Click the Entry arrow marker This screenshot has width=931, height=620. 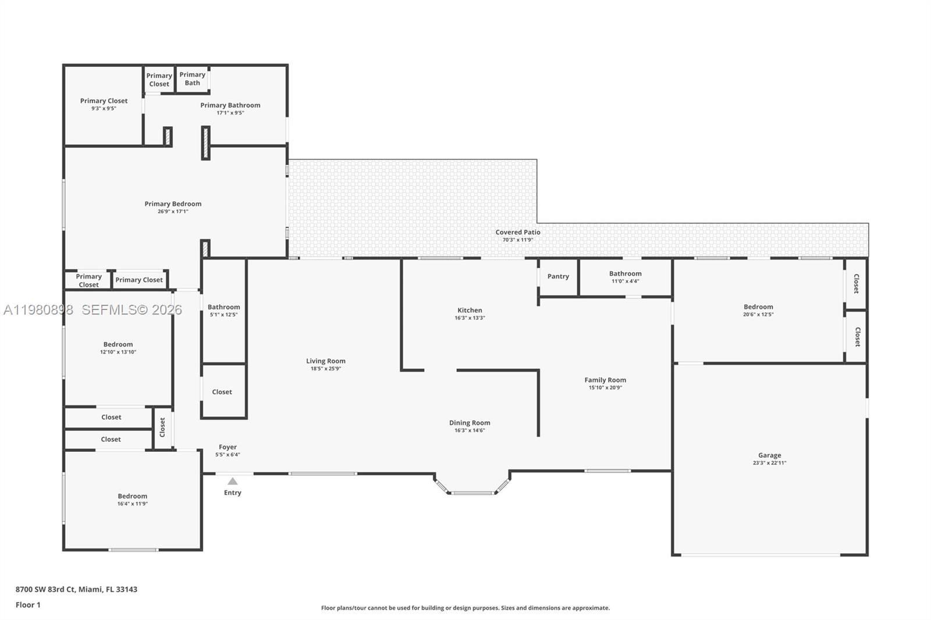[232, 481]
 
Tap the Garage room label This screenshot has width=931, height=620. [769, 455]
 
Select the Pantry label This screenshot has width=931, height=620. [558, 276]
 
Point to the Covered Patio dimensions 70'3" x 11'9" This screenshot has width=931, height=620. [518, 240]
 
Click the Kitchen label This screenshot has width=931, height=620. [470, 310]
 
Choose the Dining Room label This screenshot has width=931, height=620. [470, 423]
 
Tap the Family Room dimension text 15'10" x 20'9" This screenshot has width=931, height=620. [605, 387]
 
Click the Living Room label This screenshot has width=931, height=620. [326, 361]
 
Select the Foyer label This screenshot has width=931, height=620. [228, 447]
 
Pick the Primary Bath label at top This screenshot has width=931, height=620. [192, 79]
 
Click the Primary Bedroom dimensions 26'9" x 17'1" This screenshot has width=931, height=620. [173, 211]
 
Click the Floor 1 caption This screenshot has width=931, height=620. [28, 605]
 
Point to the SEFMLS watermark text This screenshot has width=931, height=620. [132, 310]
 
